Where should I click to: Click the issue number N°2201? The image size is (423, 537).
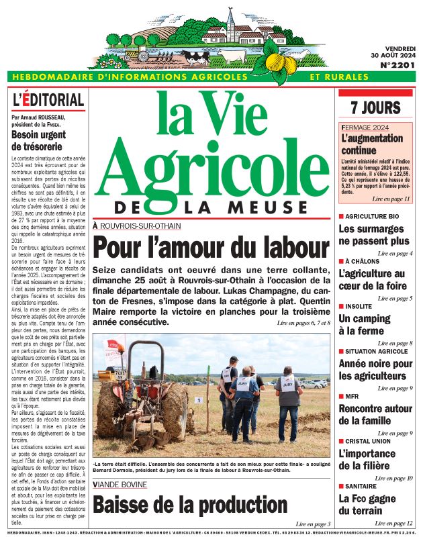point(397,65)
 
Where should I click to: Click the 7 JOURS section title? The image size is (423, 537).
point(375,107)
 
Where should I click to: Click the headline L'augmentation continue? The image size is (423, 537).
point(367,144)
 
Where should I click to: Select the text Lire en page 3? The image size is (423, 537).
point(313,523)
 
